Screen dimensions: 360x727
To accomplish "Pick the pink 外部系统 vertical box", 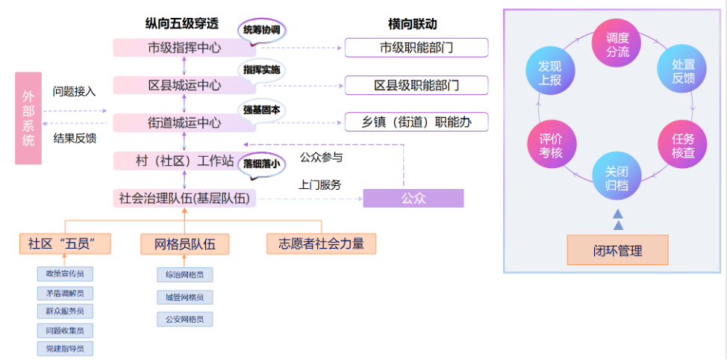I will pos(28,118).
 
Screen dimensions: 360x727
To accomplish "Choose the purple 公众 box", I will pos(413,199).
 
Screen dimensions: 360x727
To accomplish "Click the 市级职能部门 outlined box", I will pos(416,48).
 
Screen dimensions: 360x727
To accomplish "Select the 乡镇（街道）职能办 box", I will pos(416,122).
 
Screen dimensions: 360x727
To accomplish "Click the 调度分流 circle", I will pos(617,45).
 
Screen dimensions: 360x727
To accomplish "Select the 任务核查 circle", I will pos(682,146).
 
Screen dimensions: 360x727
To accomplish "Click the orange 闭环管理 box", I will pos(617,250).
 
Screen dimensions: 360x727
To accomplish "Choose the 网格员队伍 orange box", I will pos(184,243).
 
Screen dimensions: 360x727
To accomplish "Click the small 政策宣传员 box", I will pos(65,274).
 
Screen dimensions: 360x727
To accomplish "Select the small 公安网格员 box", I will pos(184,319).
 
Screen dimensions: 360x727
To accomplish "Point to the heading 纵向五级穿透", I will pos(183,24).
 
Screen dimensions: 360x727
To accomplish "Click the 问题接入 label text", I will pos(74,92).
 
